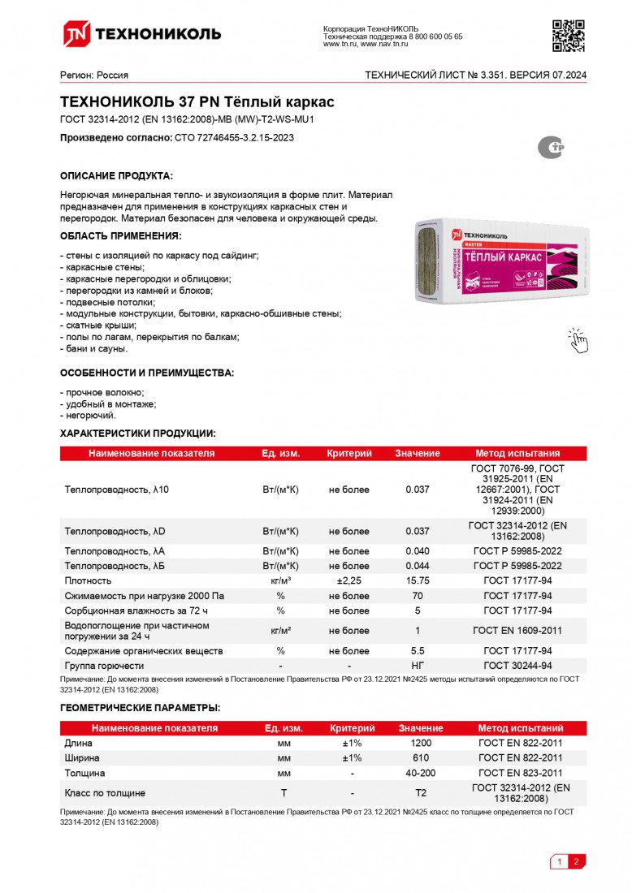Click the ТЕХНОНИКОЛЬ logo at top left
(x=142, y=33)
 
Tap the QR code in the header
(x=569, y=35)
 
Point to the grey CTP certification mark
(x=552, y=147)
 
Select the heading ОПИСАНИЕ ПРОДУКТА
(x=116, y=176)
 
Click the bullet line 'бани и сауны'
(x=95, y=348)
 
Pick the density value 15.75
(x=417, y=581)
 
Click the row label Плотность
(x=88, y=581)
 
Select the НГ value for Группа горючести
(x=417, y=666)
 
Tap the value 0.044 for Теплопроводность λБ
(x=417, y=566)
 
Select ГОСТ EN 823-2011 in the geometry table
(x=520, y=773)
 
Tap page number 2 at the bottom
(x=575, y=861)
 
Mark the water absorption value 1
(x=417, y=631)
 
